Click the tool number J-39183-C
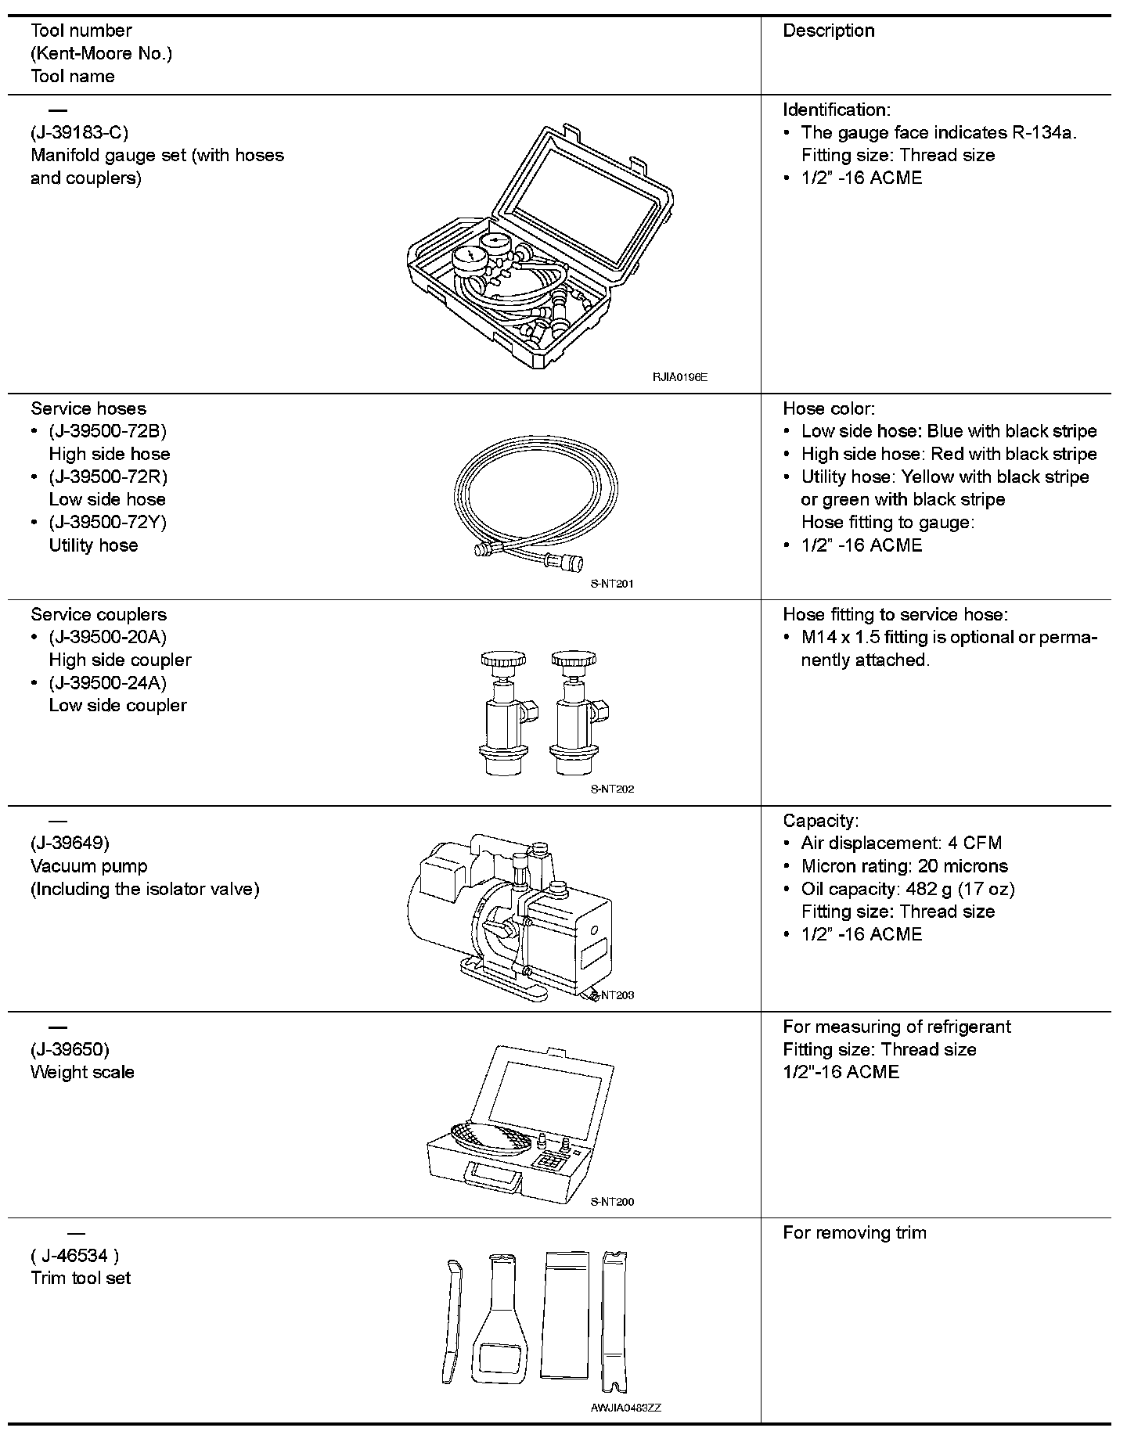[79, 132]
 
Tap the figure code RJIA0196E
[680, 377]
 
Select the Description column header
[829, 31]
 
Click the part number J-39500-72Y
[108, 522]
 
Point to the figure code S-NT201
[612, 584]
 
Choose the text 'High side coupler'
[120, 660]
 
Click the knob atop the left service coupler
[500, 661]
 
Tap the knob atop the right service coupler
[574, 661]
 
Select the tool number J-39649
[70, 843]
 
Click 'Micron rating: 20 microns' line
[904, 866]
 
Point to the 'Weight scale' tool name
[82, 1072]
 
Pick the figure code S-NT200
[612, 1202]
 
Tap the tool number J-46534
[75, 1256]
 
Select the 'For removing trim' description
[855, 1233]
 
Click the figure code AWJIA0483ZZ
[626, 1408]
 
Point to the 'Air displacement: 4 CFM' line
[901, 843]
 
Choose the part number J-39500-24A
[108, 682]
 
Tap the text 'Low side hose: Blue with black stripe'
[949, 431]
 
